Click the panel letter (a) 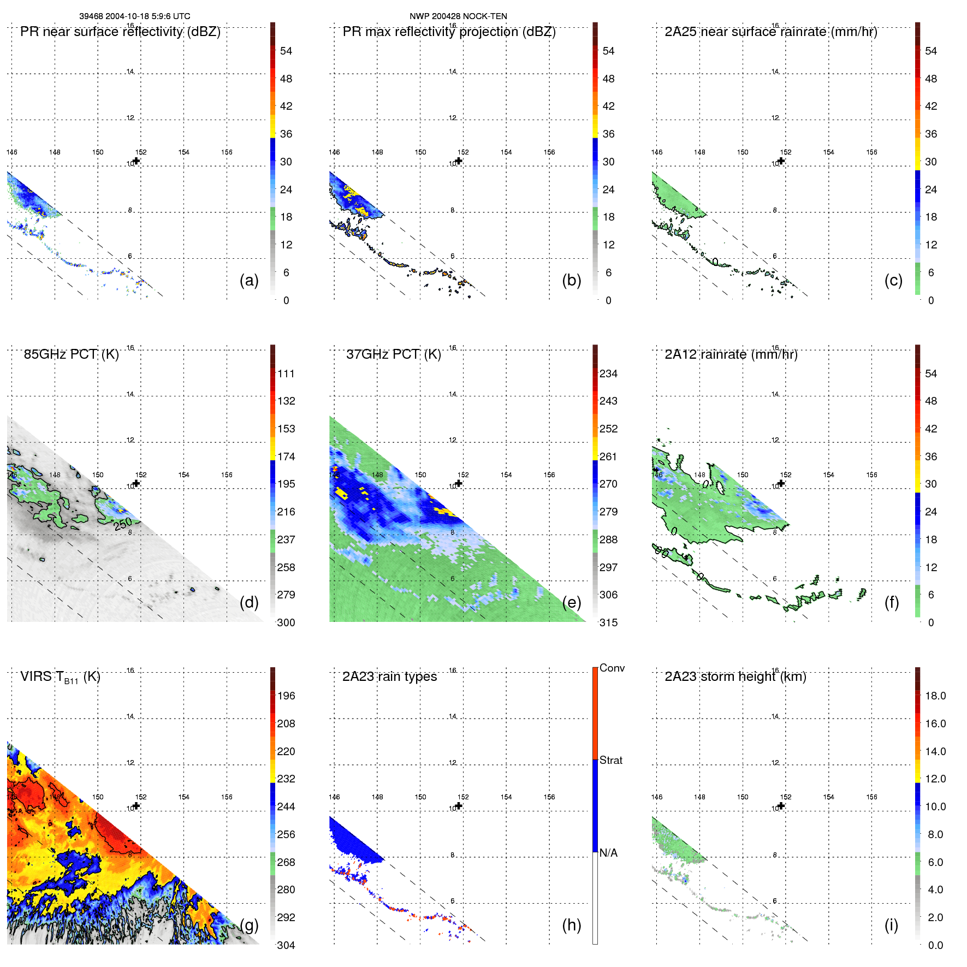[x=248, y=280]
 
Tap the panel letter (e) [x=571, y=602]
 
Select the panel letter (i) [x=891, y=925]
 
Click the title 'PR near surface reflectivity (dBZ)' [x=120, y=32]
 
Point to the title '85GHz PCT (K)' [x=71, y=354]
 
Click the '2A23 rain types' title [x=389, y=677]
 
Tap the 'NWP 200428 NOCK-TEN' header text [x=458, y=16]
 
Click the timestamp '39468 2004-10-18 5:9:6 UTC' [x=135, y=16]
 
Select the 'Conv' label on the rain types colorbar [x=612, y=668]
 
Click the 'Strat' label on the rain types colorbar [x=610, y=761]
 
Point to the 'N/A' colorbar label [x=608, y=853]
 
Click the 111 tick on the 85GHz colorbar [x=286, y=374]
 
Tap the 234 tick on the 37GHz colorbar [x=608, y=374]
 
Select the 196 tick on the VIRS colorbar [x=286, y=696]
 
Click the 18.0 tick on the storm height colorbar [x=935, y=696]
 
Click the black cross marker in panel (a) [x=137, y=161]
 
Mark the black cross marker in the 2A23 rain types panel [x=459, y=805]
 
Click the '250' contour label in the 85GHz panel [x=123, y=524]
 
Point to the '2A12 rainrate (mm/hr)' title [x=731, y=354]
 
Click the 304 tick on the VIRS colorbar [x=286, y=945]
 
